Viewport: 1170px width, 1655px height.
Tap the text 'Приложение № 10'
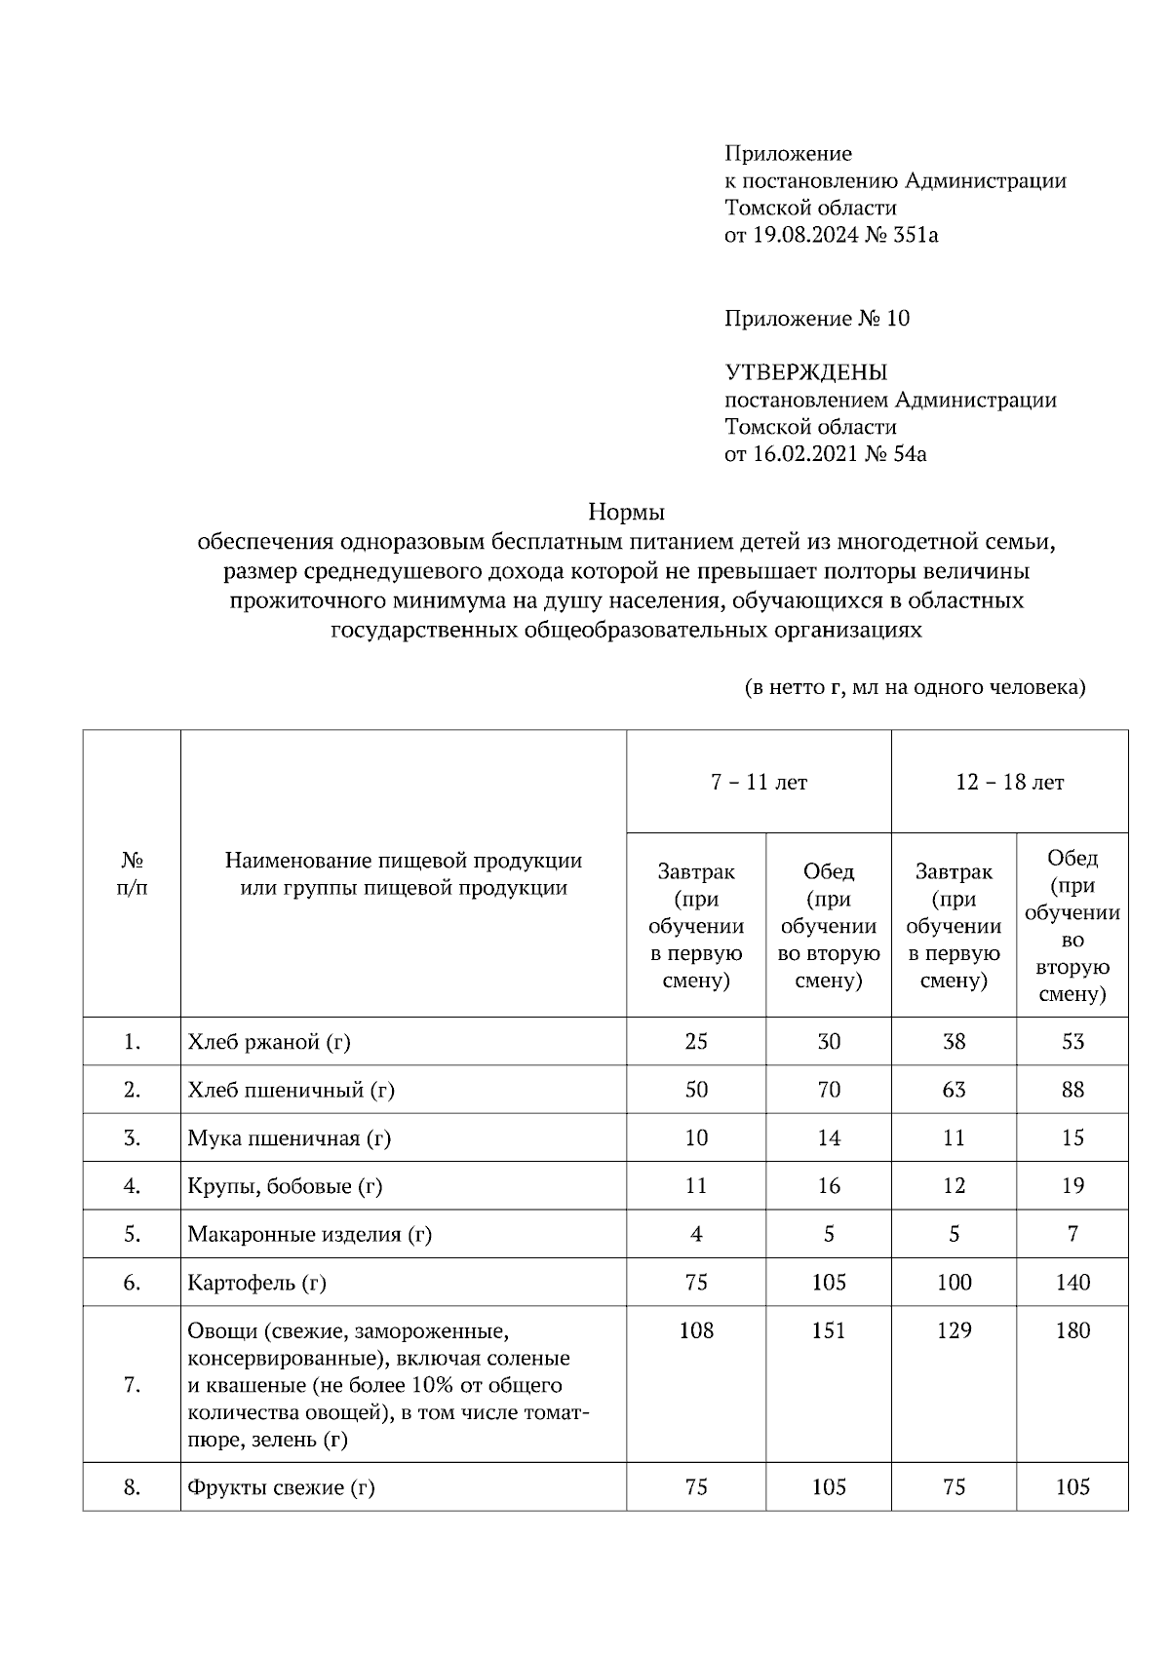pos(817,319)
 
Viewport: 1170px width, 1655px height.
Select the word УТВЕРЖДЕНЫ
pos(805,372)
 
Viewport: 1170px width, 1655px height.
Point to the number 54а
pos(909,454)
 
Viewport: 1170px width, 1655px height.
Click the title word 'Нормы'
pos(626,512)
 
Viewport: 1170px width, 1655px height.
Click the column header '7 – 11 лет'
pos(759,783)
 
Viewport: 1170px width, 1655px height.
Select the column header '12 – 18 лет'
pos(1009,783)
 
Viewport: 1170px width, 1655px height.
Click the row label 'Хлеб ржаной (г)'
pos(269,1042)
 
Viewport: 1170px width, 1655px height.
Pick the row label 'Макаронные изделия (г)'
pos(309,1234)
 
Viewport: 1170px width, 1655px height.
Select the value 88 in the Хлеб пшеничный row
pos(1072,1090)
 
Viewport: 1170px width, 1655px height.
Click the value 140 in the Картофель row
pos(1072,1283)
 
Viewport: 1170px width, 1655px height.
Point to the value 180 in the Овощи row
pos(1072,1330)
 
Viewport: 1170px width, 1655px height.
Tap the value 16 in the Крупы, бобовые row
pos(829,1186)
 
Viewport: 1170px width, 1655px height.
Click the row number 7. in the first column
pos(133,1385)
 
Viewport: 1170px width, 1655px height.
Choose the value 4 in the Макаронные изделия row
pos(696,1234)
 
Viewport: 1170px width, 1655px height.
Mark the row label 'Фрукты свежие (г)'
pos(281,1487)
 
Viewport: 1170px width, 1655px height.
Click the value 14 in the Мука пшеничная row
pos(829,1137)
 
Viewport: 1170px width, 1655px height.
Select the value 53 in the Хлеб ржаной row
pos(1072,1042)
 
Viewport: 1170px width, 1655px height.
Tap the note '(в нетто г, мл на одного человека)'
pos(916,688)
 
